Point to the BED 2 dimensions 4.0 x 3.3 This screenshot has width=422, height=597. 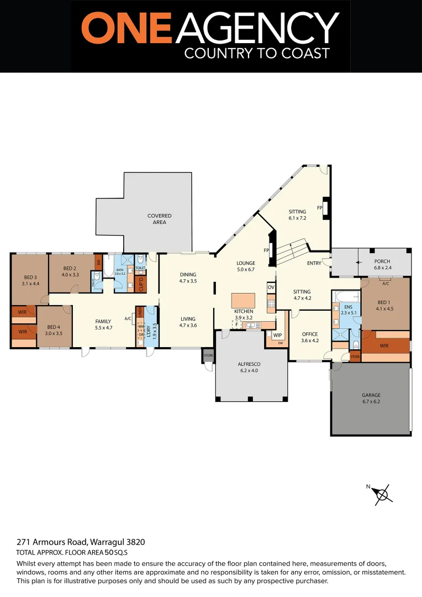click(x=70, y=274)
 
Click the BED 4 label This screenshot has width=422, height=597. click(x=54, y=326)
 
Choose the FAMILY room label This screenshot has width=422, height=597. click(x=103, y=321)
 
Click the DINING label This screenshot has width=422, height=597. click(x=188, y=274)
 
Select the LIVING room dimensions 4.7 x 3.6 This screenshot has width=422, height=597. click(x=188, y=325)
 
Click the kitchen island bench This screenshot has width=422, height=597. click(x=243, y=301)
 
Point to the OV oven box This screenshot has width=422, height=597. click(x=271, y=287)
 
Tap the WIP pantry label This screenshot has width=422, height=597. click(x=277, y=335)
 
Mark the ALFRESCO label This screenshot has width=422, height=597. click(x=248, y=364)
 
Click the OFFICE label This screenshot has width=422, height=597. click(x=309, y=334)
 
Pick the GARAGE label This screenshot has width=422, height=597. click(x=371, y=395)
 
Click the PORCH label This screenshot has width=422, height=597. click(x=382, y=261)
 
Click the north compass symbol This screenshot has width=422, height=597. click(x=382, y=494)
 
